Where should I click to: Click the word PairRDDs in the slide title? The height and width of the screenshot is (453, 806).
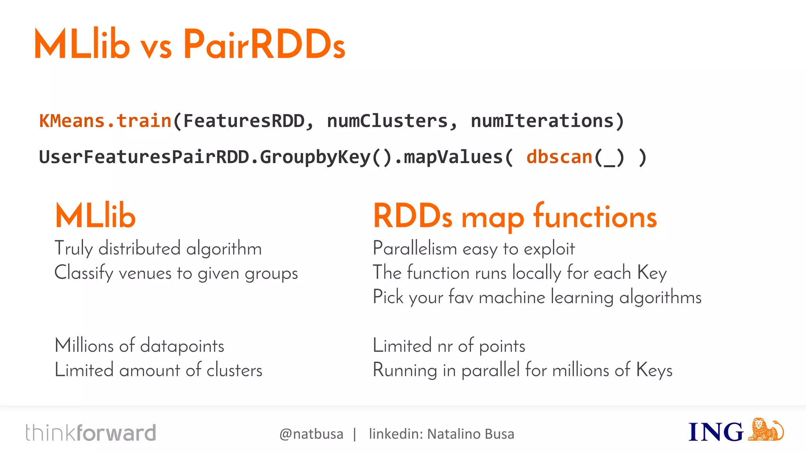coord(264,44)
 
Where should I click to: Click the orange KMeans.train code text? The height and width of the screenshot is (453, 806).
coord(105,121)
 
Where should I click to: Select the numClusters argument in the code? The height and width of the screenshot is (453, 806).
coord(387,121)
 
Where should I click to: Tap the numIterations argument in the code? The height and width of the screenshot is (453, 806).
coord(542,121)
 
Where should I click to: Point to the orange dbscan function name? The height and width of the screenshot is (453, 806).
coord(559,157)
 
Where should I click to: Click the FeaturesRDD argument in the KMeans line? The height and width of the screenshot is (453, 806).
coord(244,121)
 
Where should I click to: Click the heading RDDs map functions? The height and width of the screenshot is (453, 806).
coord(515,216)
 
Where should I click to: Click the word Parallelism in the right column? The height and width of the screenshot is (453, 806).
coord(415,249)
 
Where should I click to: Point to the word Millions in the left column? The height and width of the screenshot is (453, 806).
coord(84,346)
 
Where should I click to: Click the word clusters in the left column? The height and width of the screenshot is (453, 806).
coord(234,370)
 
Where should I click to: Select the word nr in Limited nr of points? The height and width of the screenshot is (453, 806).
coord(445,346)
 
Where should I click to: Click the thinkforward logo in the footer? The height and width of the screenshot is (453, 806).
coord(91,433)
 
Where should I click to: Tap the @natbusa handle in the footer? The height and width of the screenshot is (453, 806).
coord(311,434)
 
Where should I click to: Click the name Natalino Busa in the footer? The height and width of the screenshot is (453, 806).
coord(471,434)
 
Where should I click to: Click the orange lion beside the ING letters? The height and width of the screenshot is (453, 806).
coord(765,430)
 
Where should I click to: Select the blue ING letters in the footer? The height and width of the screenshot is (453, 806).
coord(715,432)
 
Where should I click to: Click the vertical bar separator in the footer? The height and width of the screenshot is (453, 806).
coord(355,434)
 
